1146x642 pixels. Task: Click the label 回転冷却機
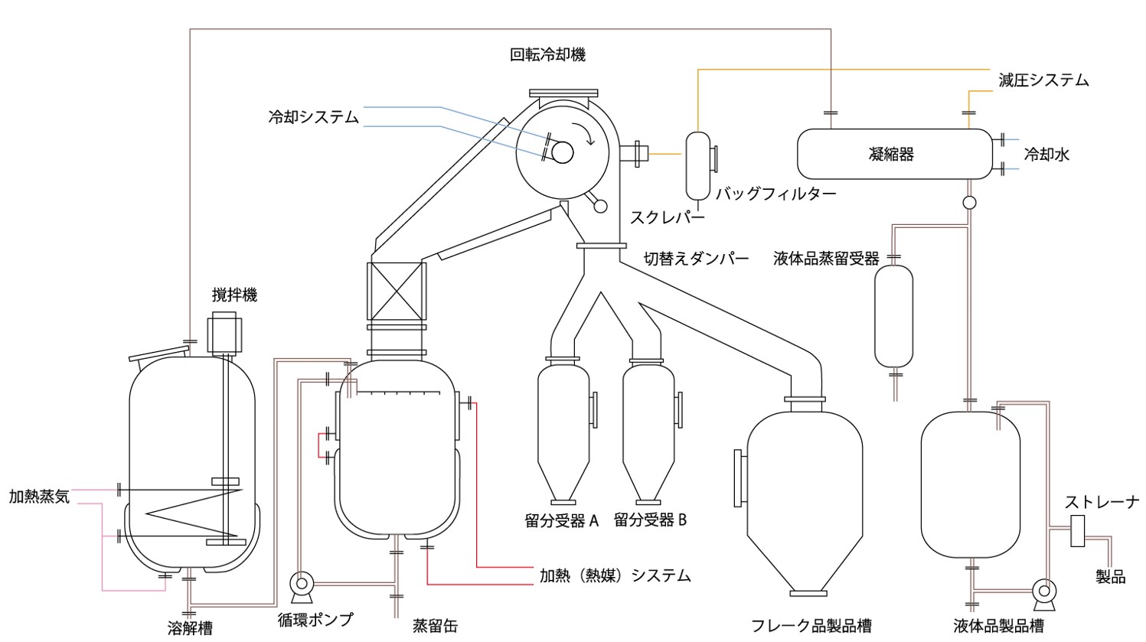click(x=548, y=55)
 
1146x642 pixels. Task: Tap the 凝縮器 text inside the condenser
click(x=892, y=155)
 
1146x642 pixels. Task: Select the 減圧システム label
click(x=1043, y=80)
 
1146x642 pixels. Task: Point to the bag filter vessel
click(x=698, y=165)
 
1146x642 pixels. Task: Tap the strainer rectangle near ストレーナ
click(x=1078, y=530)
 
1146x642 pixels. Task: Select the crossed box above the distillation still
click(x=397, y=292)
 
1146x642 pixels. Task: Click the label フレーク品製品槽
click(x=811, y=625)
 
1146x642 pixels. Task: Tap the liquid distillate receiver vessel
click(x=893, y=315)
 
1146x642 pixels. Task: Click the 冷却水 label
click(x=1046, y=155)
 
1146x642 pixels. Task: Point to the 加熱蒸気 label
click(x=39, y=497)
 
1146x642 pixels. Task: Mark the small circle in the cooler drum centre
click(x=562, y=153)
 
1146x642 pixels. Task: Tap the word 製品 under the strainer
click(x=1110, y=576)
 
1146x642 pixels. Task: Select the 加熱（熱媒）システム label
click(x=615, y=575)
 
